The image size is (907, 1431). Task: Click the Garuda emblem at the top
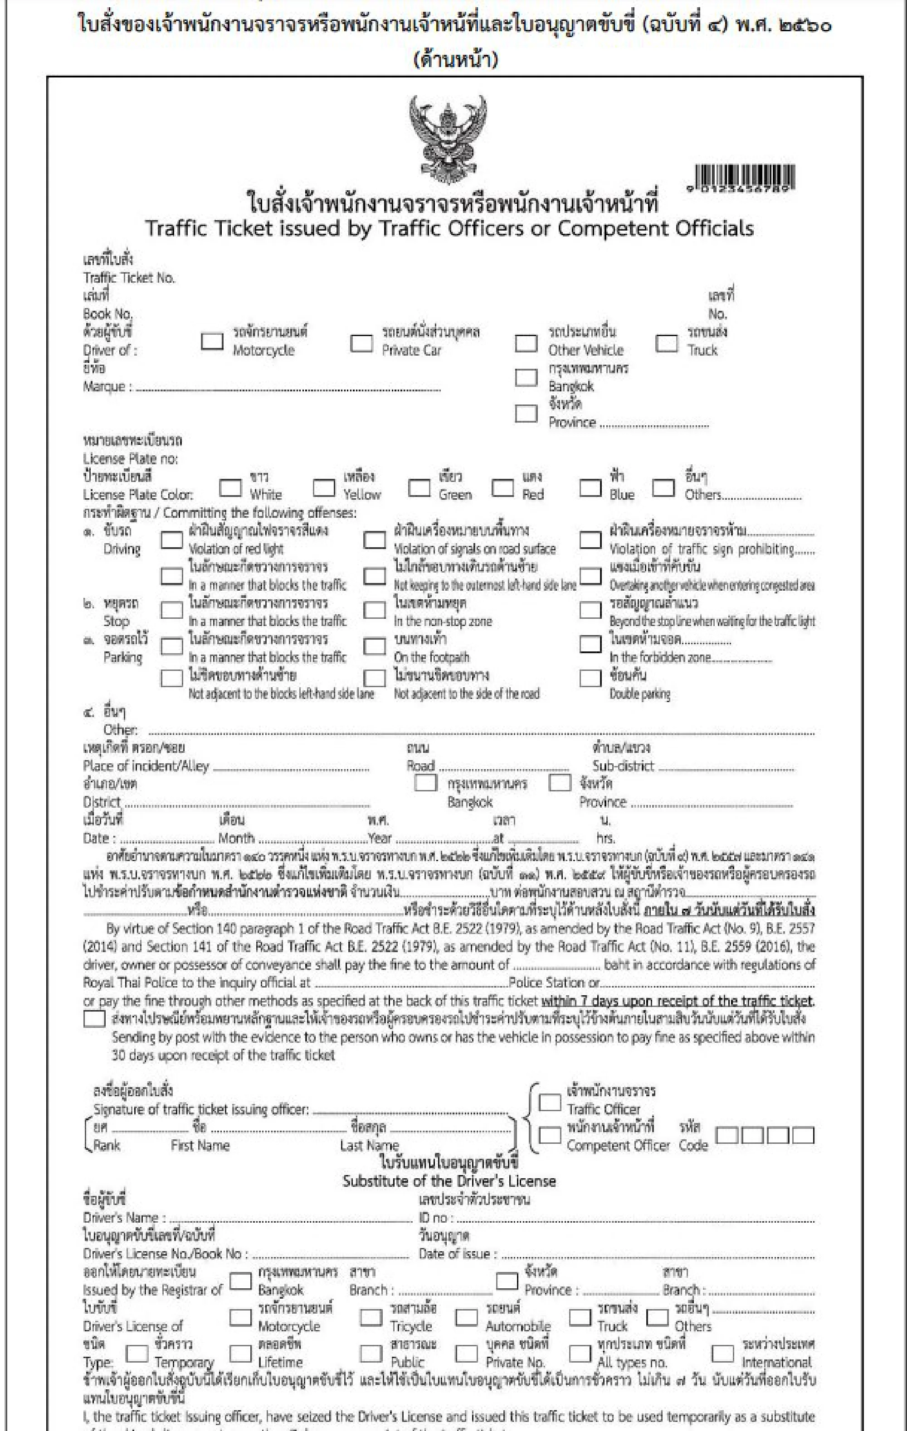449,139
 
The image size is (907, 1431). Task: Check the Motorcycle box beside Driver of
212,341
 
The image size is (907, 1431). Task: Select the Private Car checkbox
361,343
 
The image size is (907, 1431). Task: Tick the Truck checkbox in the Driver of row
666,343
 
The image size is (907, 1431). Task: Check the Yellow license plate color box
323,488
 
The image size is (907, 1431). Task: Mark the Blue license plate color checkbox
590,488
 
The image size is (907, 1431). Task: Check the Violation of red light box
172,540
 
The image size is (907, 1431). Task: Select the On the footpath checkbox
374,646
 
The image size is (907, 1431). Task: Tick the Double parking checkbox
590,678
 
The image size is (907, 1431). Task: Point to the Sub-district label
623,766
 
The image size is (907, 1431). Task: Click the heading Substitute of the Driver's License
449,1181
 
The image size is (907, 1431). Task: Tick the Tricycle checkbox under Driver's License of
371,1317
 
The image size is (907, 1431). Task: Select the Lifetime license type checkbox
240,1354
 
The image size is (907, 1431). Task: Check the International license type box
722,1354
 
